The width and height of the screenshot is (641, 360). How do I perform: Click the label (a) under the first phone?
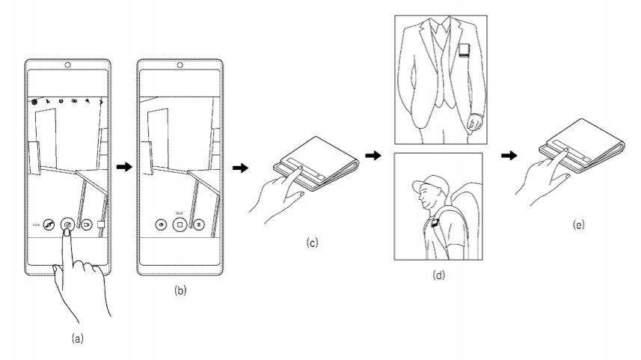[x=76, y=338]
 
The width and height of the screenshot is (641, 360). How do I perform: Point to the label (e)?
[x=579, y=223]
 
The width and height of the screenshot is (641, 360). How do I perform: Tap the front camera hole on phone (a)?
[x=67, y=65]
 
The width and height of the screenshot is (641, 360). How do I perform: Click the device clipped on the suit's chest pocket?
[x=464, y=53]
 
